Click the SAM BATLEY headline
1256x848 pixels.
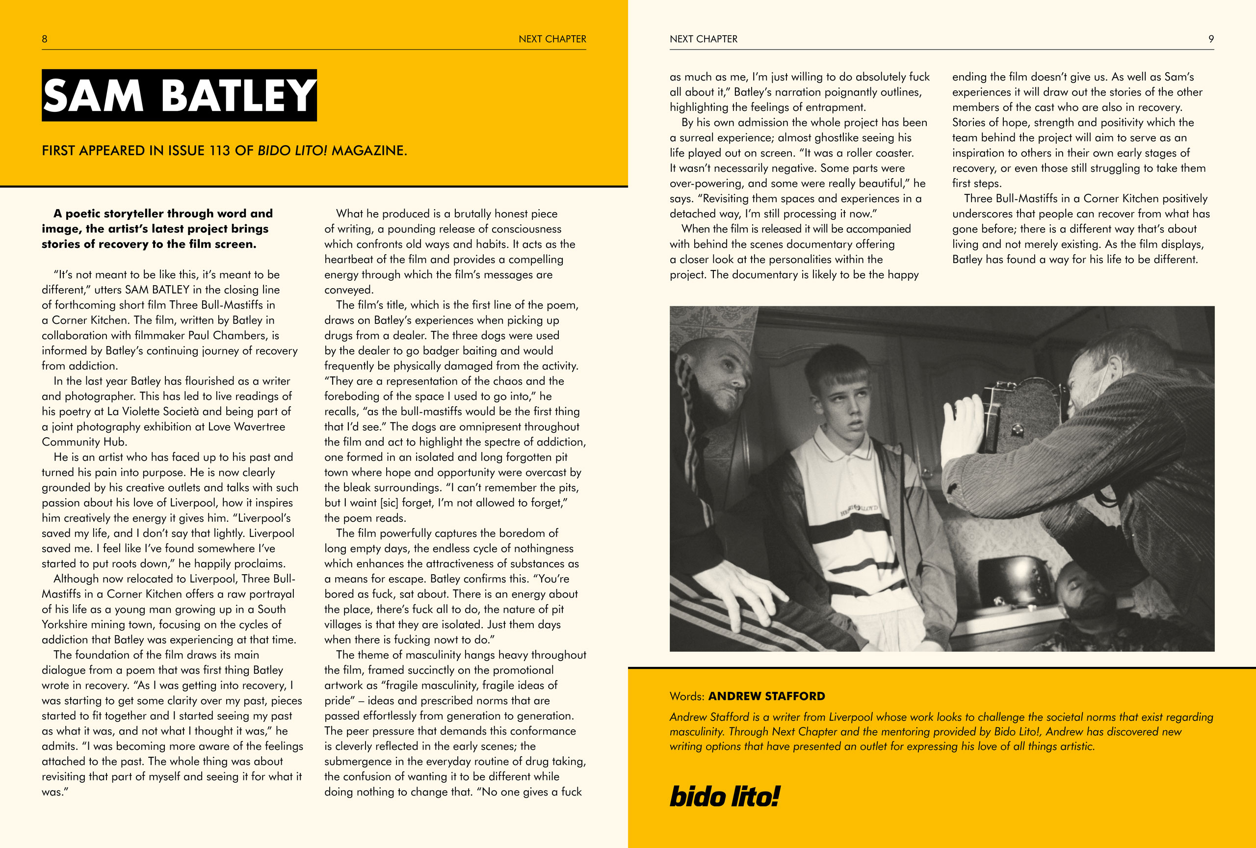click(179, 96)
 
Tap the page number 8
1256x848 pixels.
click(44, 39)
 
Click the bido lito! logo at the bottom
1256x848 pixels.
click(724, 796)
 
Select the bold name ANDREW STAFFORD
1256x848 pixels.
click(766, 696)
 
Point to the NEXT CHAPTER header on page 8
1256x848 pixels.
click(552, 39)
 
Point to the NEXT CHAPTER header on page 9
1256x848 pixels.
click(703, 39)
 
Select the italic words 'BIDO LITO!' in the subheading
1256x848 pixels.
click(292, 151)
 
